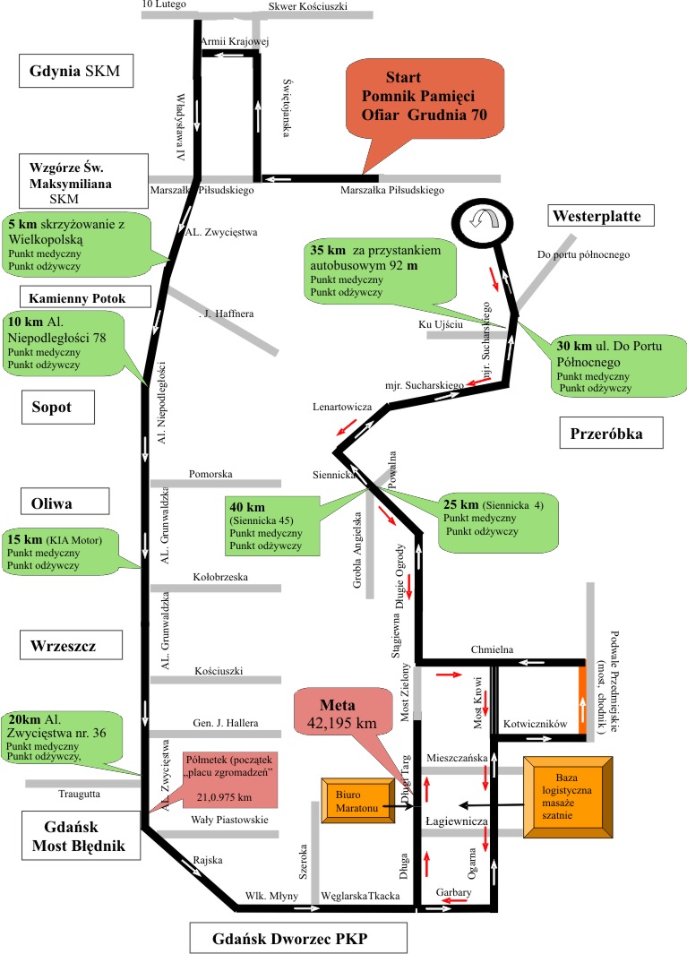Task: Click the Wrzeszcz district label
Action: tap(62, 644)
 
